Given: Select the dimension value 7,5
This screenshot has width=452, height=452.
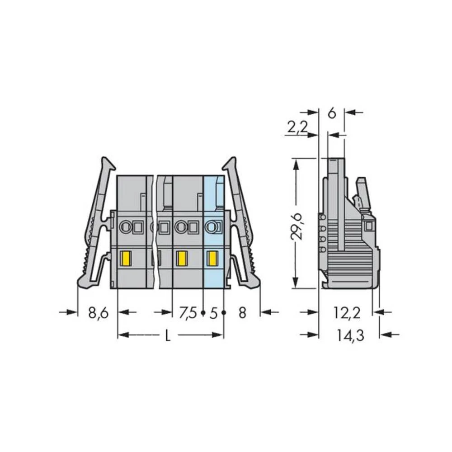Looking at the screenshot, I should tap(188, 312).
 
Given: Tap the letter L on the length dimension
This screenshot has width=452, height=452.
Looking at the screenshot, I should tap(168, 335).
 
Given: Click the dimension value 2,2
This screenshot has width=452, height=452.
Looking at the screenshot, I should tap(297, 127).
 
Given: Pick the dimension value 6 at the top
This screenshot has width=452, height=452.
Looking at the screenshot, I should tap(332, 113).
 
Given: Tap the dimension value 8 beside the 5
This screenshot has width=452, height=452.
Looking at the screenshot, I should tap(242, 312).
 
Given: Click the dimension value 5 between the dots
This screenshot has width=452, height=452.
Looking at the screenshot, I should tap(214, 312).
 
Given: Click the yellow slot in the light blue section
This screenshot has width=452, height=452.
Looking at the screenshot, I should tap(212, 259).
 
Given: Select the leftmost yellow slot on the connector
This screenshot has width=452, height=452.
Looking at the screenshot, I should tap(125, 259).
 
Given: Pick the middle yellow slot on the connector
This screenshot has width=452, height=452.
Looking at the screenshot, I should tap(181, 259).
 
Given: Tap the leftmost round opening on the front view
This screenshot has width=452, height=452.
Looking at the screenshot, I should tap(125, 227).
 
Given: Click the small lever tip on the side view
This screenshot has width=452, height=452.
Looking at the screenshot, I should tap(361, 182).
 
